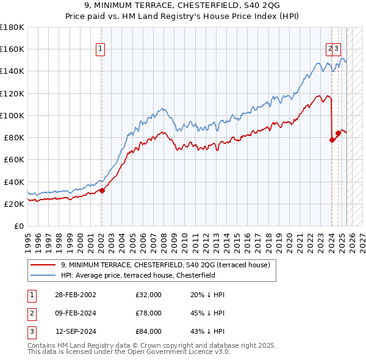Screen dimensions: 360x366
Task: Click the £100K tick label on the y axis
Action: (12, 115)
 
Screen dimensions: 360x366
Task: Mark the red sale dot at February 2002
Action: (102, 190)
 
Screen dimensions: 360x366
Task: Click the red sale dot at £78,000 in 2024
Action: (332, 140)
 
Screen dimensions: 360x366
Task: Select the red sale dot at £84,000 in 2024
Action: (338, 133)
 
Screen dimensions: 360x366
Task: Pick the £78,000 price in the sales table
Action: (149, 313)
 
